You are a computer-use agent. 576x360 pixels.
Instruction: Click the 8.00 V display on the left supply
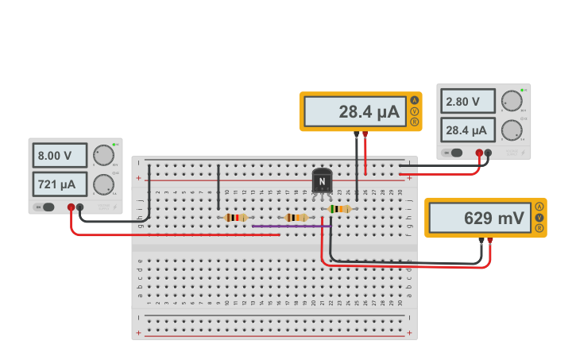pyautogui.click(x=60, y=155)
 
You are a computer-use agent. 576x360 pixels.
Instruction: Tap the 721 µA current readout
pyautogui.click(x=60, y=184)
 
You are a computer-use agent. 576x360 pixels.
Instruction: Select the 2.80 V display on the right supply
pyautogui.click(x=466, y=102)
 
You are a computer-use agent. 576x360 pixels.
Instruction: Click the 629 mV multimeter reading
pyautogui.click(x=479, y=217)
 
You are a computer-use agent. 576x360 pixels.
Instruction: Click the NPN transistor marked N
pyautogui.click(x=322, y=181)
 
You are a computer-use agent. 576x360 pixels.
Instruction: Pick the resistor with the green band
pyautogui.click(x=339, y=209)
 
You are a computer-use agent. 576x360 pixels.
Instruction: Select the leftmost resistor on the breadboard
pyautogui.click(x=236, y=217)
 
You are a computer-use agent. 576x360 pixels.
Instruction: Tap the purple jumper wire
pyautogui.click(x=290, y=226)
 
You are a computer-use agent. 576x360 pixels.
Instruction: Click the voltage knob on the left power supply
pyautogui.click(x=103, y=155)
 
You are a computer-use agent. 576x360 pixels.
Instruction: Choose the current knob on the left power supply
pyautogui.click(x=103, y=185)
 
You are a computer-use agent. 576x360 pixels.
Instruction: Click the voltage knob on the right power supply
pyautogui.click(x=512, y=101)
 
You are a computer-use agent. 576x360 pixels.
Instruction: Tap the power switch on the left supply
pyautogui.click(x=47, y=207)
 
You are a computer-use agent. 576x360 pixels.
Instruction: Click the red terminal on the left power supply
pyautogui.click(x=71, y=207)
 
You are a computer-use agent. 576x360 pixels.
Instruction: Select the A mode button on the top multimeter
pyautogui.click(x=414, y=100)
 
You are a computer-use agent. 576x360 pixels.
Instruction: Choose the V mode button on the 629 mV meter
pyautogui.click(x=539, y=217)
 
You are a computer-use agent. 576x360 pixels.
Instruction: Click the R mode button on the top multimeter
pyautogui.click(x=414, y=122)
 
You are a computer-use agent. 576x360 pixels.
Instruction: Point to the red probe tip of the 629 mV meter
pyautogui.click(x=490, y=240)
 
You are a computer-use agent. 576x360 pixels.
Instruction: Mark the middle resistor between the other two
pyautogui.click(x=296, y=217)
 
